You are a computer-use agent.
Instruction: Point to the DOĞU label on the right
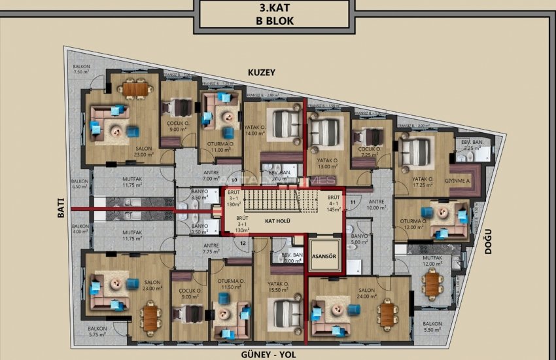pyautogui.click(x=487, y=243)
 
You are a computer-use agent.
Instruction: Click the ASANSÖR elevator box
pyautogui.click(x=323, y=256)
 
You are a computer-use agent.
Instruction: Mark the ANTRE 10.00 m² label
pyautogui.click(x=376, y=205)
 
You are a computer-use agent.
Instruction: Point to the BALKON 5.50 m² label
pyautogui.click(x=432, y=327)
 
